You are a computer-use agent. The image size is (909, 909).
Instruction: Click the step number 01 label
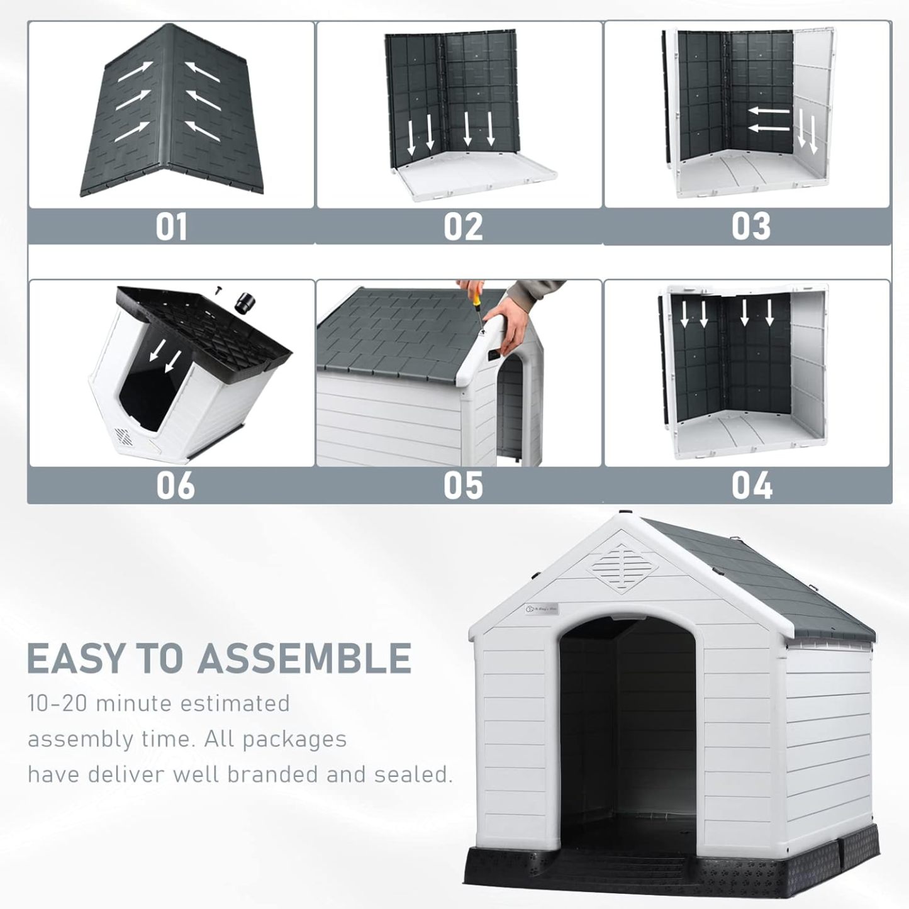point(171,226)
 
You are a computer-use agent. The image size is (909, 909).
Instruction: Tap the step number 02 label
point(463,226)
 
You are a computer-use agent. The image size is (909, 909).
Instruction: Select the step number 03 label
point(750,226)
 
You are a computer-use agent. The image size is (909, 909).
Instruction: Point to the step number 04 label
point(751,486)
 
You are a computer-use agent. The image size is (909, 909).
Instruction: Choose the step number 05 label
point(463,486)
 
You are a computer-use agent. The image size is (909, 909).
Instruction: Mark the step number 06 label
point(175,486)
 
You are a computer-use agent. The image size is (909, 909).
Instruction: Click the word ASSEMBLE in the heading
point(304,658)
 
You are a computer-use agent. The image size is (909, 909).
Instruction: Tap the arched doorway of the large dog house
point(627,730)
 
